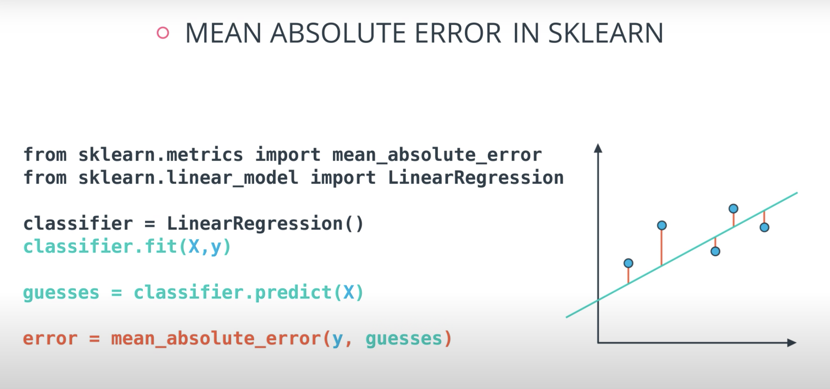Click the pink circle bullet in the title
point(163,33)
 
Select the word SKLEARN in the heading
point(605,33)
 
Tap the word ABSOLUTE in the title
point(338,33)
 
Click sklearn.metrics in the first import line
point(160,155)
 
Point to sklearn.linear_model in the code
point(188,178)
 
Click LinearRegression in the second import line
point(476,178)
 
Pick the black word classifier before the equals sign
point(78,224)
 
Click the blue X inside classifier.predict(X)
point(348,292)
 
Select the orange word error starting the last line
point(50,338)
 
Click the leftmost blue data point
point(628,263)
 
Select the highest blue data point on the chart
point(733,208)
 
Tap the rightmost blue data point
point(764,227)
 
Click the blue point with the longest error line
point(662,225)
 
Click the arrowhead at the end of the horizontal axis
point(792,343)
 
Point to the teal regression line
point(682,255)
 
